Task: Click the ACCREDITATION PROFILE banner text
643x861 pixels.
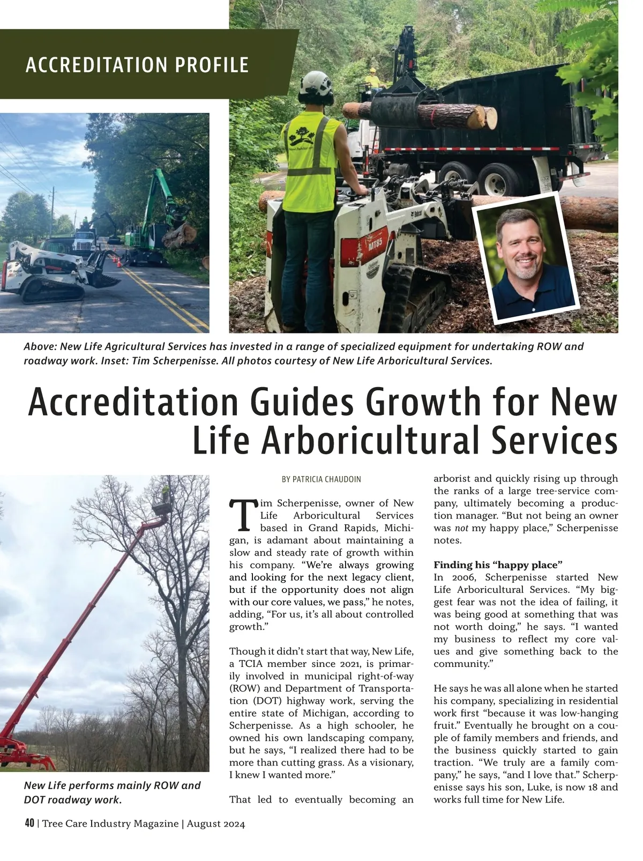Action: point(137,65)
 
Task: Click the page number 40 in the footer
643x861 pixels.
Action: point(29,824)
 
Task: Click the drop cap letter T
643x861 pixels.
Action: point(242,514)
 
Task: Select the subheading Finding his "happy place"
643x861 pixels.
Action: point(498,565)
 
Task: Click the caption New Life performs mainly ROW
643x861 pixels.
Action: point(112,785)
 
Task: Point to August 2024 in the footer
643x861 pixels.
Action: point(216,824)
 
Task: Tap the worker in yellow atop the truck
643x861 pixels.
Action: point(371,78)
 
